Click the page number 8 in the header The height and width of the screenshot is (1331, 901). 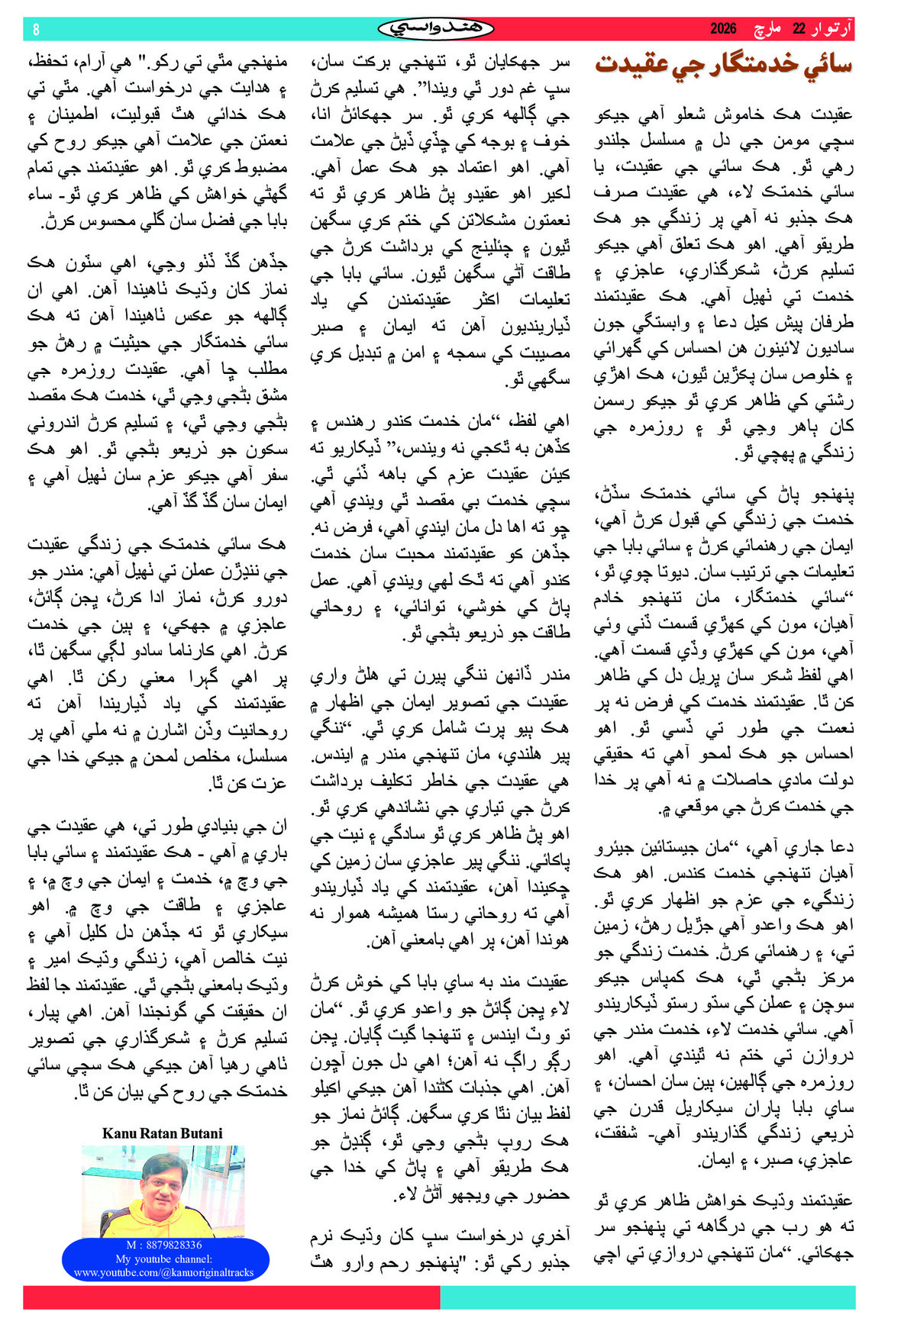pyautogui.click(x=36, y=29)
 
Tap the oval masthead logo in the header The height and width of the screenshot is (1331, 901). pyautogui.click(x=435, y=28)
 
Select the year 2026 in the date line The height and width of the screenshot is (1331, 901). pyautogui.click(x=723, y=29)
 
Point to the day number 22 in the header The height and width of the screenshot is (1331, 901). pyautogui.click(x=799, y=29)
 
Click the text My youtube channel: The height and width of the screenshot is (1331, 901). pyautogui.click(x=164, y=1258)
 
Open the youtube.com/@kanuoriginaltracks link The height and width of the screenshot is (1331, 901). pyautogui.click(x=164, y=1272)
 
